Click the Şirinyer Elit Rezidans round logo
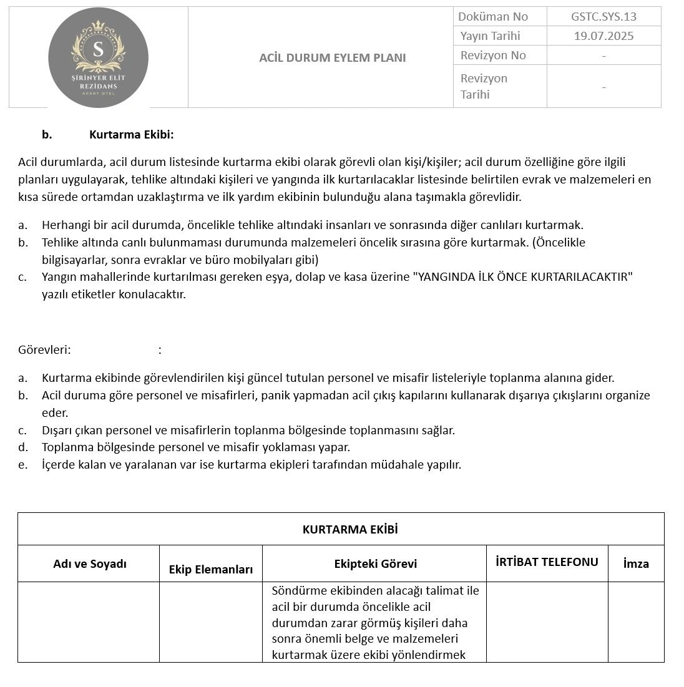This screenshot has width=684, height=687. [98, 58]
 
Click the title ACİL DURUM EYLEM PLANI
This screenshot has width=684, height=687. [332, 58]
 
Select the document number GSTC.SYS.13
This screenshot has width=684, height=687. [603, 17]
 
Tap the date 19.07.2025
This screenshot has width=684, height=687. [603, 36]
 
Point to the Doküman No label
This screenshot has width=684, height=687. [493, 17]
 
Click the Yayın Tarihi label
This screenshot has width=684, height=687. [490, 36]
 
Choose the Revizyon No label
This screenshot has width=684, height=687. [493, 56]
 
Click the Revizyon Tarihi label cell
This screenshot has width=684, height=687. [484, 87]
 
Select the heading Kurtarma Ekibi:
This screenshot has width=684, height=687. [131, 135]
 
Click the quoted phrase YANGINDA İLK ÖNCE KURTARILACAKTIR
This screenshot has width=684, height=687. [523, 277]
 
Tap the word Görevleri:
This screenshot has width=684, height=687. [44, 350]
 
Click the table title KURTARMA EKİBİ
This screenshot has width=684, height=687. [350, 530]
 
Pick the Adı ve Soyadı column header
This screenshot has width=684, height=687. [90, 564]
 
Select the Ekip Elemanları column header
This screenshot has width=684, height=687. [211, 570]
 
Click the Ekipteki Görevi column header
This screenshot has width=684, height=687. [376, 564]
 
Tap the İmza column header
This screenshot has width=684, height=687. [636, 564]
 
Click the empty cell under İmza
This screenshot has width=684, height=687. [636, 622]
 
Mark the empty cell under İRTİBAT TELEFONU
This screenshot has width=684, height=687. [547, 622]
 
